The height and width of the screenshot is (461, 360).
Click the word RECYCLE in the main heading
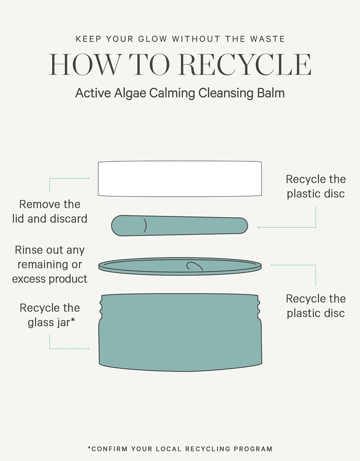coord(245,64)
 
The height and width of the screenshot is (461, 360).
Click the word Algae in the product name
coord(130,93)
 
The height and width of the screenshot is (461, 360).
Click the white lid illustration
coord(179,178)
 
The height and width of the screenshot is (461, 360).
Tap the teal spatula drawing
coord(179,226)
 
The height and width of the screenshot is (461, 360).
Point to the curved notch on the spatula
coord(145,226)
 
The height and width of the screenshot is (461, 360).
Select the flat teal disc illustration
coord(179,267)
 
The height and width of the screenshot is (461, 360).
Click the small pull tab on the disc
coord(194,265)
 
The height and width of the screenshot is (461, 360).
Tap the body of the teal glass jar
coord(180,333)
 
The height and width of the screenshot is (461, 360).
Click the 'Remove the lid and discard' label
coord(49,211)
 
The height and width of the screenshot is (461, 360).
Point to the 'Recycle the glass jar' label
coord(49,315)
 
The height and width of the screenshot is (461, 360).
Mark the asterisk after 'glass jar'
coord(73,320)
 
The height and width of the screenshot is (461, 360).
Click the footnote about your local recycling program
coord(180,448)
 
